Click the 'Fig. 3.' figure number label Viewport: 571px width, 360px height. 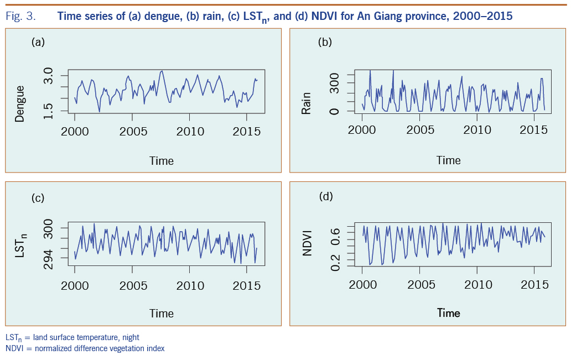(20, 17)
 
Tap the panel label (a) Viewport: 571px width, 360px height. (38, 42)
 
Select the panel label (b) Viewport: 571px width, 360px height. (325, 42)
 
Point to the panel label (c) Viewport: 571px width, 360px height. (38, 197)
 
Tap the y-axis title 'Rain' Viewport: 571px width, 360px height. (306, 103)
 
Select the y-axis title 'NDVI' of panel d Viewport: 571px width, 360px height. (306, 242)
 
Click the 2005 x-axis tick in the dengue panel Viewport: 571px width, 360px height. (133, 132)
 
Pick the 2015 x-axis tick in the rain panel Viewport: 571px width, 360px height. (534, 131)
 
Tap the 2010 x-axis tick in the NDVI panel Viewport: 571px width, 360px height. (477, 285)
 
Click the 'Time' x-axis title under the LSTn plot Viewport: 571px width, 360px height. (162, 313)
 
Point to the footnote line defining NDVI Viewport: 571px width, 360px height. (85, 348)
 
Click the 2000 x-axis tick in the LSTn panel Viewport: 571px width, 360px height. (75, 285)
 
